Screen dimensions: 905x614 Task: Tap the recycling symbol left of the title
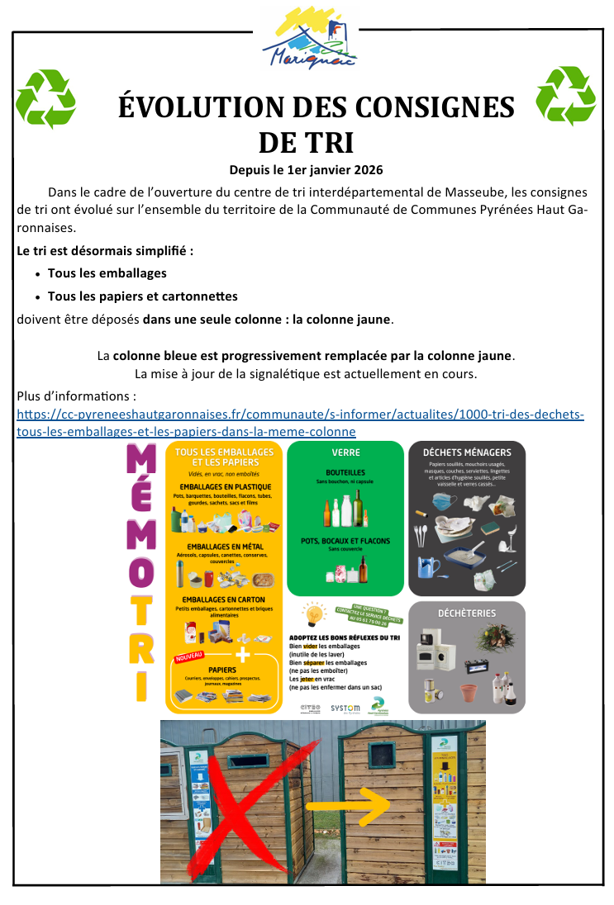(46, 100)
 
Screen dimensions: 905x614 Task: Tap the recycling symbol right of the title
(565, 97)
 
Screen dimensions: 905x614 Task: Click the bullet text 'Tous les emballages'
(107, 273)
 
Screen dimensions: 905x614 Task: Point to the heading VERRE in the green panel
(345, 453)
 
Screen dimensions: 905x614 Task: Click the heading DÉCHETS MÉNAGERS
(467, 452)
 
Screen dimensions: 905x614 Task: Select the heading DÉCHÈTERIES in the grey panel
(467, 614)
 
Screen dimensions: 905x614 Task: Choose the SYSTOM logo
(345, 708)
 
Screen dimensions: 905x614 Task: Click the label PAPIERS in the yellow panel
(222, 670)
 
